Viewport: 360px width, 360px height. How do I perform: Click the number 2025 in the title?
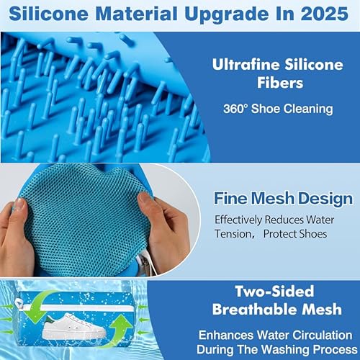(x=325, y=14)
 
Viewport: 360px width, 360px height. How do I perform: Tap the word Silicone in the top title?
(x=48, y=14)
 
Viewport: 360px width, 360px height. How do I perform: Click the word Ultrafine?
(x=246, y=64)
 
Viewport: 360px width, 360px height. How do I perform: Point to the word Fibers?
(x=280, y=83)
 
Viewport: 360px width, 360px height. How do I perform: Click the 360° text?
(x=235, y=109)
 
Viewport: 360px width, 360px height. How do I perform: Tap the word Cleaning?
(x=309, y=109)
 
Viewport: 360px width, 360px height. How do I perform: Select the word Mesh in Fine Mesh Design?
(x=273, y=199)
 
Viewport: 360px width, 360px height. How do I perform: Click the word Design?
(x=325, y=199)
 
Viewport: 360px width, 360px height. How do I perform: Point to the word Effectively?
(x=238, y=220)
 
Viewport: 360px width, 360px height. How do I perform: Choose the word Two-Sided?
(x=274, y=292)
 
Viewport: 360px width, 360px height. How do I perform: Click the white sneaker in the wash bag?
(x=74, y=326)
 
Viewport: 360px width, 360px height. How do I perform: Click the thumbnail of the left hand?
(x=19, y=204)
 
